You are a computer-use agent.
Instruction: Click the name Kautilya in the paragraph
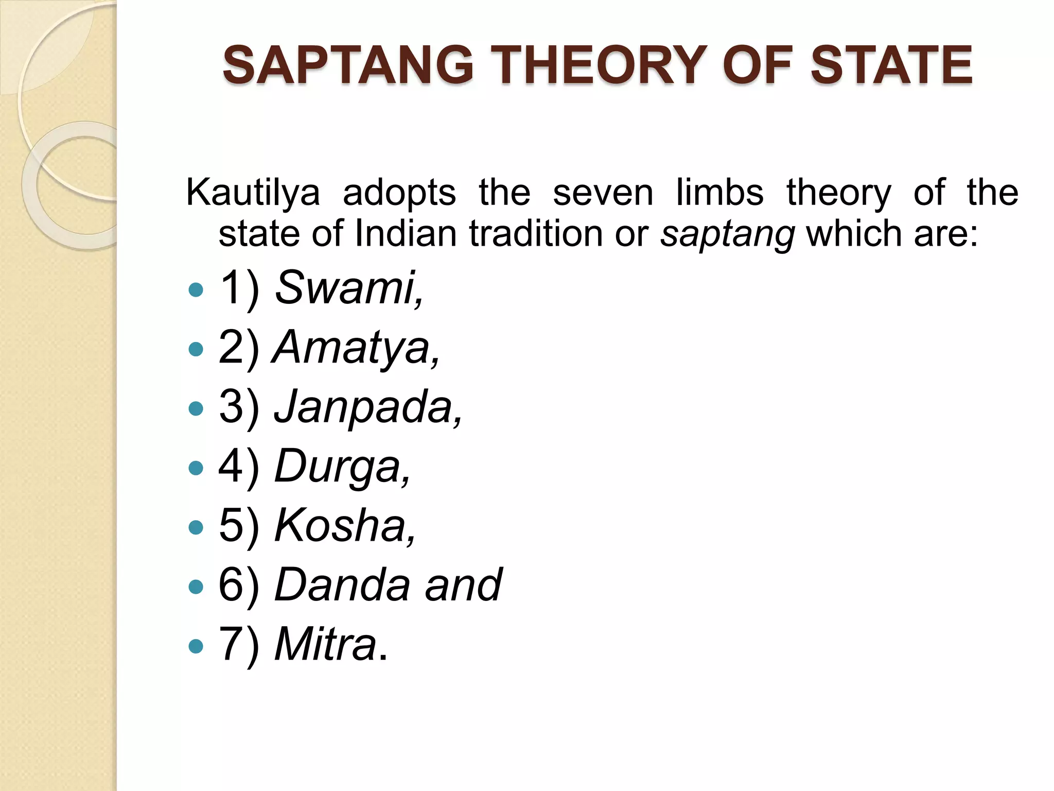pyautogui.click(x=253, y=193)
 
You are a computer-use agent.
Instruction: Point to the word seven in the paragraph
pyautogui.click(x=603, y=193)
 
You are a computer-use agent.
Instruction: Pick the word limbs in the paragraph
pyautogui.click(x=719, y=193)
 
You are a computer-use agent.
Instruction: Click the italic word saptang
pyautogui.click(x=728, y=235)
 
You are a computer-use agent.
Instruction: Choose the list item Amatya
pyautogui.click(x=357, y=348)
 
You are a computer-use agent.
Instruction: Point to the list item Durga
pyautogui.click(x=342, y=467)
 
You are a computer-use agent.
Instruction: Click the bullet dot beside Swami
pyautogui.click(x=196, y=290)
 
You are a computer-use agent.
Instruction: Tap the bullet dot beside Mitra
pyautogui.click(x=196, y=646)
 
